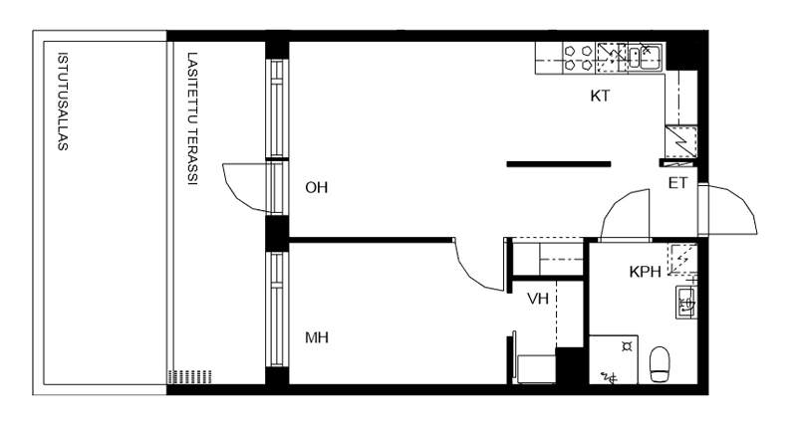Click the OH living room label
pos(316,188)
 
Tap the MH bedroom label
pos(317,337)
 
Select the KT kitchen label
pos(600,96)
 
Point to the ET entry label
pos(677,183)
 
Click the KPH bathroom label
pos(645,272)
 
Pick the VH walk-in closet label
pos(538,299)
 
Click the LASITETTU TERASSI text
pos(192,118)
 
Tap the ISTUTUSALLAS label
pos(63,102)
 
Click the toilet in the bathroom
pos(660,364)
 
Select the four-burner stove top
pos(579,58)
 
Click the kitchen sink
pos(645,57)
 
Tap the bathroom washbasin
pos(685,303)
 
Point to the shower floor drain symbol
pos(628,346)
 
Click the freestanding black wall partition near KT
pos(559,164)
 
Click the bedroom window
pos(277,310)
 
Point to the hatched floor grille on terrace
pos(189,377)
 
